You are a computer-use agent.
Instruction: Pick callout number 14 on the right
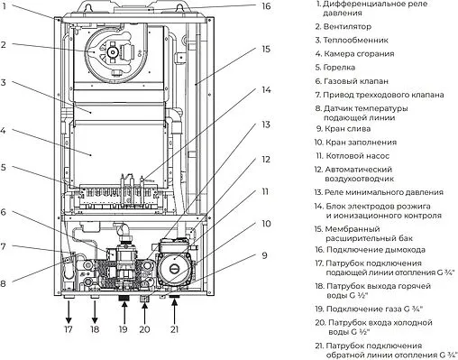267,90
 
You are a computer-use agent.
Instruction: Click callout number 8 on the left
5,282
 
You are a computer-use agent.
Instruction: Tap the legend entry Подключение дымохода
377,250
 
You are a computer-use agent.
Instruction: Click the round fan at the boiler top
114,51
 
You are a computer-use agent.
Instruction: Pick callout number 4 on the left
5,129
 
